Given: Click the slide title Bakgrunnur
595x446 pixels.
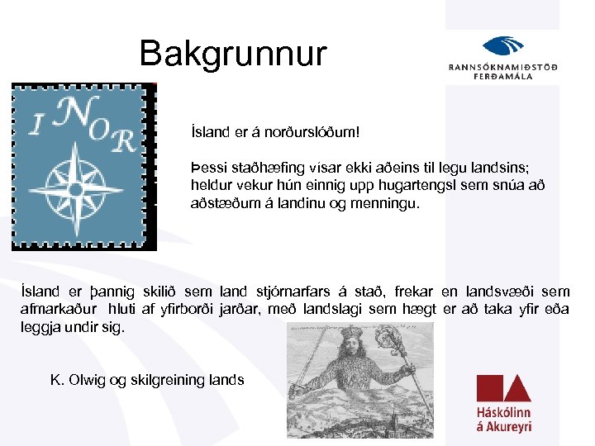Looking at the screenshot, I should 233,54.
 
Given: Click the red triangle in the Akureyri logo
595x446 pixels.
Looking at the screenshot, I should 518,389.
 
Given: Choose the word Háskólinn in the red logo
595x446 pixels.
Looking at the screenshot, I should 503,412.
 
